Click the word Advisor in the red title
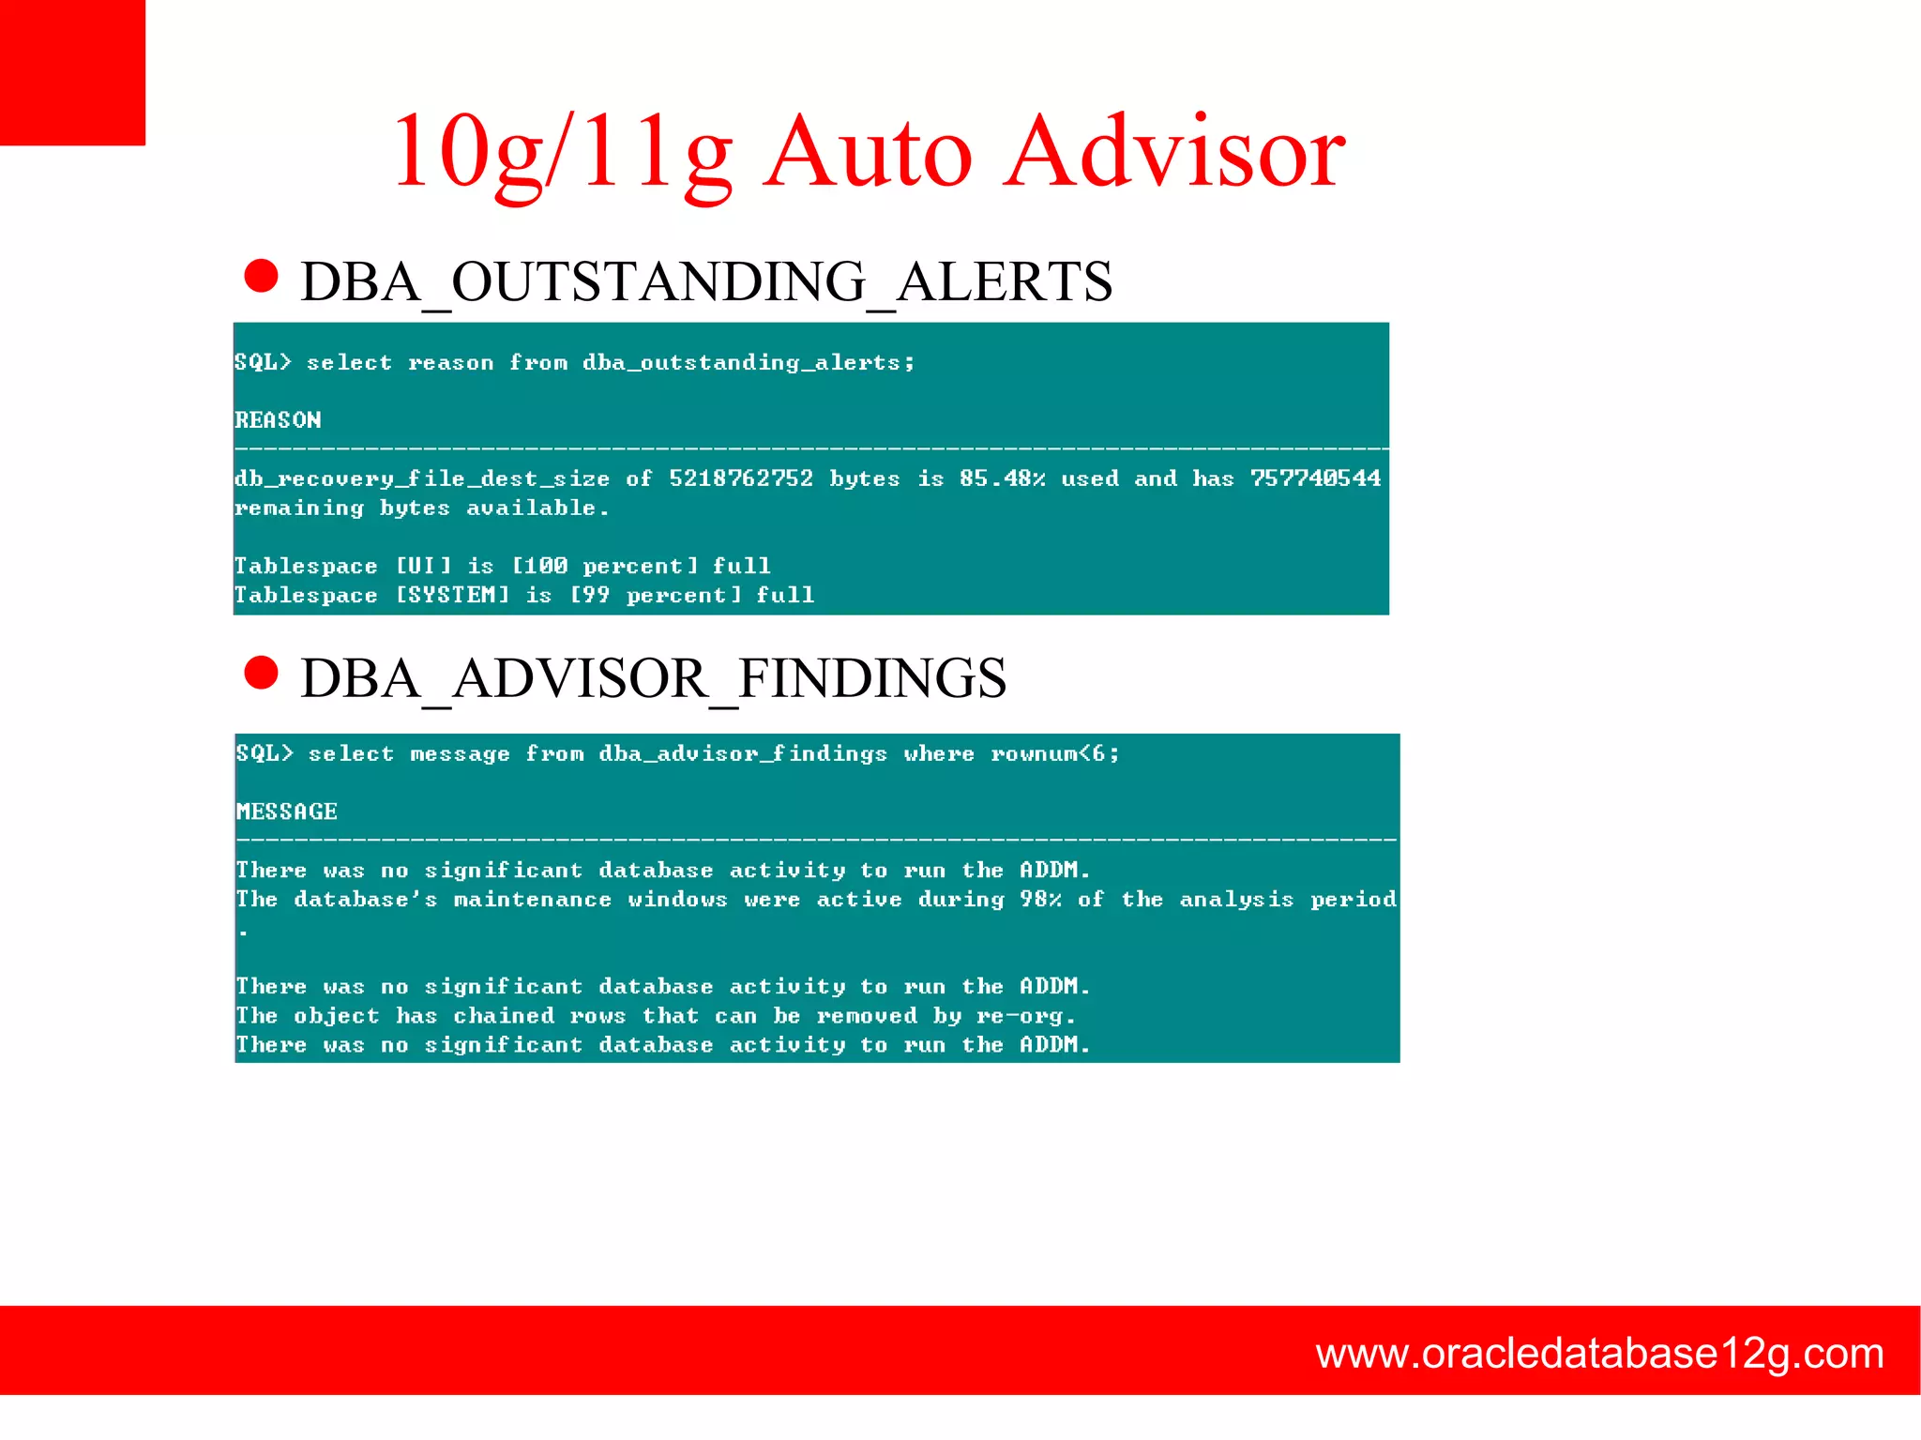tap(1174, 152)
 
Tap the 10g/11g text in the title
tap(561, 152)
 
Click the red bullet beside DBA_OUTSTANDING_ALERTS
tap(261, 277)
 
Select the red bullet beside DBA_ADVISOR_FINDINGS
tap(261, 673)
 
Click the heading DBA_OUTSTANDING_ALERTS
tap(705, 281)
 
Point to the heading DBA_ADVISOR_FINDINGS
tap(653, 678)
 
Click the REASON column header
tap(278, 420)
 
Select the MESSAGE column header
tap(286, 811)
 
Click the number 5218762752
tap(740, 478)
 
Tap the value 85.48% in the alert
tap(1002, 478)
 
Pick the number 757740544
tap(1315, 478)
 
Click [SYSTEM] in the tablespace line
tap(452, 595)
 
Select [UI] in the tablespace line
tap(423, 566)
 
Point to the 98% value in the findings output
tap(1040, 900)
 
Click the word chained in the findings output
tap(504, 1016)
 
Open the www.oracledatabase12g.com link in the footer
tap(1599, 1354)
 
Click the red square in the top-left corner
tap(72, 72)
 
